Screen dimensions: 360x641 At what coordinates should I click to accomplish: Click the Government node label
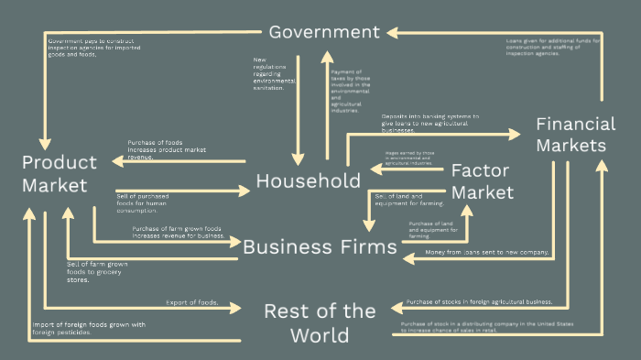click(x=323, y=32)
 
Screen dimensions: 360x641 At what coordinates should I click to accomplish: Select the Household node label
click(x=308, y=180)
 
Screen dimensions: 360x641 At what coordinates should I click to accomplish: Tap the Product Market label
click(x=60, y=174)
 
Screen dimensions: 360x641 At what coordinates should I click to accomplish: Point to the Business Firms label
click(x=319, y=245)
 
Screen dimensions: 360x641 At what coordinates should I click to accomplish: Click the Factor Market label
click(x=483, y=181)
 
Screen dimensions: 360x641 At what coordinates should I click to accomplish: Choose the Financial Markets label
click(x=575, y=135)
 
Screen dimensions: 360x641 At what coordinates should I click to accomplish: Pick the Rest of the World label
click(x=320, y=322)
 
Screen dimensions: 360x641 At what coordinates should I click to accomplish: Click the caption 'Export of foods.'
click(x=191, y=302)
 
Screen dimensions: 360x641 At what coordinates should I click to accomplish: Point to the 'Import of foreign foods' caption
click(x=88, y=328)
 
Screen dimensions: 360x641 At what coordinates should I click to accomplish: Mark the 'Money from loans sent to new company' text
click(x=486, y=252)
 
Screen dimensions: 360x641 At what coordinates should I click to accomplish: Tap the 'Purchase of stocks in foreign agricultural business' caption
click(x=480, y=301)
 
